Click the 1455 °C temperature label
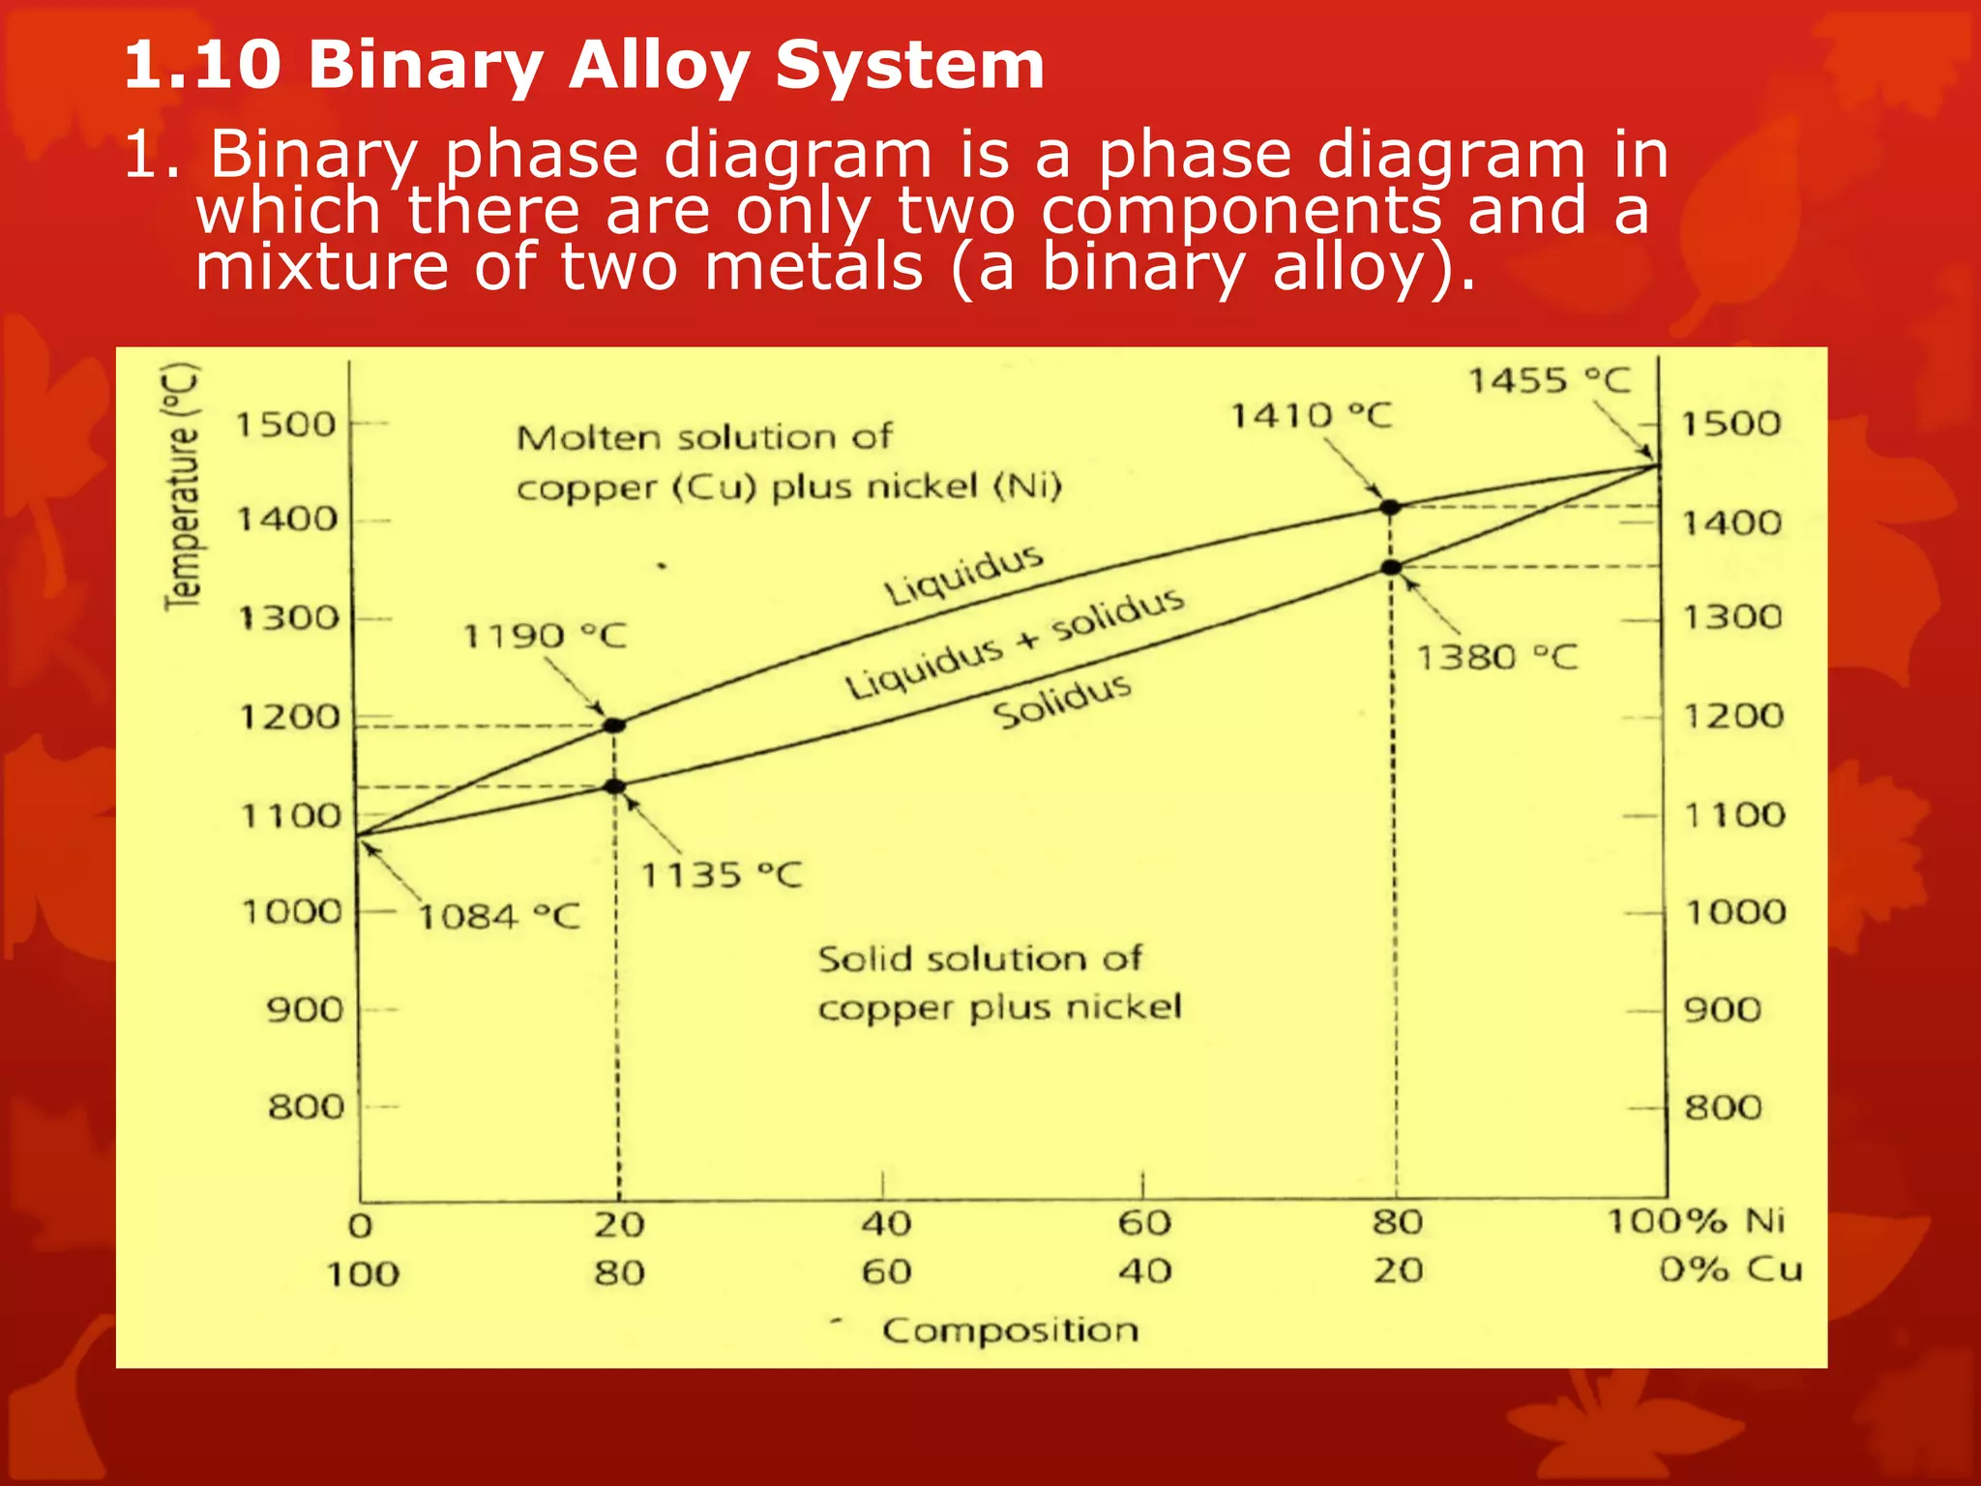point(1550,381)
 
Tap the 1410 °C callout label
point(1311,417)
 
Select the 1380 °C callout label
point(1496,659)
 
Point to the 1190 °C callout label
point(545,637)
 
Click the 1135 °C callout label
point(722,877)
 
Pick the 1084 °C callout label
point(499,917)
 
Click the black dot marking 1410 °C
point(1390,507)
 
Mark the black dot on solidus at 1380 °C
point(1391,568)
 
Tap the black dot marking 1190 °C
point(614,726)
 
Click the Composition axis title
point(1010,1330)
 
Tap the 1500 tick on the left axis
point(286,425)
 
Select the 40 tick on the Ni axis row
point(886,1224)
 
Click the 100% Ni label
point(1696,1221)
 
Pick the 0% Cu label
point(1730,1269)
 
